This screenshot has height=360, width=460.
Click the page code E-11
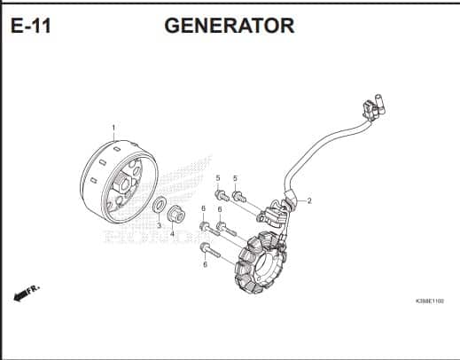31,26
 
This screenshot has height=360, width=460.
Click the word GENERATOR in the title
230,26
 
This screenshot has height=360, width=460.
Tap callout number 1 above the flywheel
113,128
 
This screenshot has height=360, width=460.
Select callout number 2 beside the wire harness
309,200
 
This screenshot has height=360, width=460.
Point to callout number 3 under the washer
159,225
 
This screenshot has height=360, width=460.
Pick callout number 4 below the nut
172,234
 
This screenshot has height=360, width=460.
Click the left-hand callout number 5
218,178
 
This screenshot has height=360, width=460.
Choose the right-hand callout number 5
235,178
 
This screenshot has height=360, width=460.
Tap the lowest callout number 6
205,264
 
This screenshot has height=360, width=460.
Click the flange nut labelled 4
175,214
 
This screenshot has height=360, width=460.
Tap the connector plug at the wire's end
373,107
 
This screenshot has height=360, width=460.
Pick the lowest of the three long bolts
210,250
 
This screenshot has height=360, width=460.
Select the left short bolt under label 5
222,195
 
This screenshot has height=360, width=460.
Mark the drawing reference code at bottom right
430,301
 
